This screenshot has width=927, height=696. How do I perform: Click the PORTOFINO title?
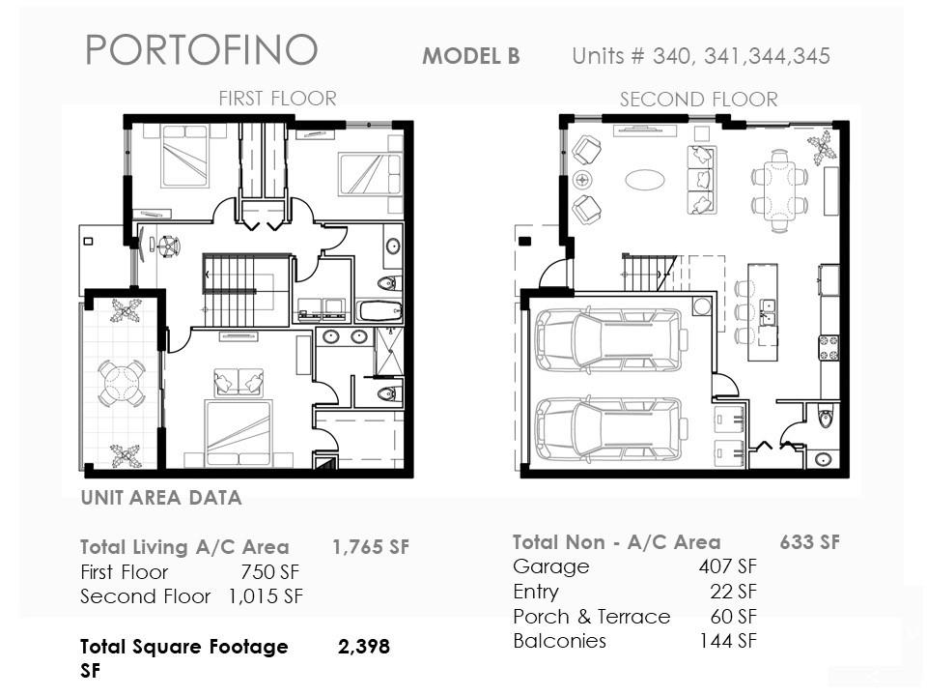(202, 49)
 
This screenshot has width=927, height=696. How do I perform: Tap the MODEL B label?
(471, 56)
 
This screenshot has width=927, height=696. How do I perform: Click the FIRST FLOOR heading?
(277, 99)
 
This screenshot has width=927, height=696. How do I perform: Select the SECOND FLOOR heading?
(699, 100)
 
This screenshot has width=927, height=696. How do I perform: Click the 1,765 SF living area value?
(371, 547)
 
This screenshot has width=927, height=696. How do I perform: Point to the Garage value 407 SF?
(728, 566)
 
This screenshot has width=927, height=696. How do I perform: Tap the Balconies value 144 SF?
(728, 640)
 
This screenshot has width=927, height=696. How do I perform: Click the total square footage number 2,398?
(364, 647)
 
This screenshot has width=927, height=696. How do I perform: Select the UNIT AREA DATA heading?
(161, 498)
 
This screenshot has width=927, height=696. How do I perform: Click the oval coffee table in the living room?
(645, 180)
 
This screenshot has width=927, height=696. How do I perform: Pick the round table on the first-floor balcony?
(122, 385)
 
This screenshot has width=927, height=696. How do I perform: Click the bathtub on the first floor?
(380, 310)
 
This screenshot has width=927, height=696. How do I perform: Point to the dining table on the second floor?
(780, 190)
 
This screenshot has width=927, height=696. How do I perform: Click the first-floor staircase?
(231, 290)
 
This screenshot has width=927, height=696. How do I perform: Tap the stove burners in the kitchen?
(829, 348)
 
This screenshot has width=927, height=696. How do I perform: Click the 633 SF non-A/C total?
(809, 542)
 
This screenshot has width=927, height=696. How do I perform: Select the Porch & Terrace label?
(592, 617)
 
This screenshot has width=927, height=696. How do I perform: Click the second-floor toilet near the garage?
(826, 419)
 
